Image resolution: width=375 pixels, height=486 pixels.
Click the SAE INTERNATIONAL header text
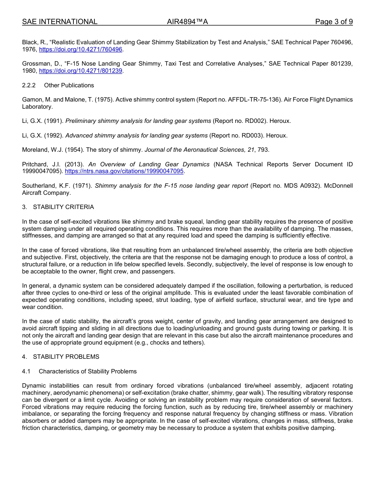(x=60, y=22)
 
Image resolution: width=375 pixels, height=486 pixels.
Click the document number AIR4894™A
(x=187, y=22)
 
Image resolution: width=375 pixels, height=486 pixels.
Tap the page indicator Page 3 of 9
(x=334, y=22)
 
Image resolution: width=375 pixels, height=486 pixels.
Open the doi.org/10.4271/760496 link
(x=81, y=49)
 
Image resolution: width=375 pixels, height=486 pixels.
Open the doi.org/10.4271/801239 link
(x=81, y=71)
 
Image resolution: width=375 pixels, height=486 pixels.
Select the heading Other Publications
(x=69, y=85)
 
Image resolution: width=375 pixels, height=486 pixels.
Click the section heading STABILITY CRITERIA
(x=64, y=207)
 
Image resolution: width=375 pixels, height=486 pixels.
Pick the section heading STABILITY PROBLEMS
(x=66, y=357)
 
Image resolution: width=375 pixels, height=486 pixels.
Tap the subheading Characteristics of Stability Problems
(x=88, y=371)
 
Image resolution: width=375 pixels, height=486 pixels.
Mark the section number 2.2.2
(x=29, y=85)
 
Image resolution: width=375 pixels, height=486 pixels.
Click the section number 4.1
(x=26, y=371)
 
